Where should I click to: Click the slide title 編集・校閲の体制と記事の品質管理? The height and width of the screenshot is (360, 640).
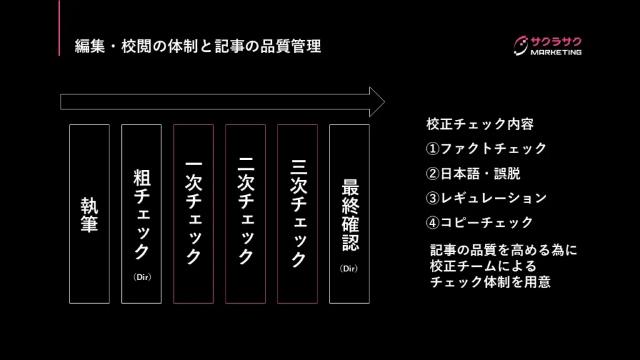[x=197, y=46]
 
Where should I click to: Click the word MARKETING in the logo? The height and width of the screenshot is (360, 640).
[x=556, y=52]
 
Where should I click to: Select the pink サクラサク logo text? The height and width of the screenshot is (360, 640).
[x=556, y=41]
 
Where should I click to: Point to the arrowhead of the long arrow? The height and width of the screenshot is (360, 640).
[x=377, y=101]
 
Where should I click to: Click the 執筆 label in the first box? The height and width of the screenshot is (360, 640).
[x=89, y=214]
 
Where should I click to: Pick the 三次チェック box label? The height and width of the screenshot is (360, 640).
[x=297, y=212]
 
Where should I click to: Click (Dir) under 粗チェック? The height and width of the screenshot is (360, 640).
[x=142, y=277]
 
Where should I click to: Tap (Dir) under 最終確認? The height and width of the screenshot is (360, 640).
[x=349, y=269]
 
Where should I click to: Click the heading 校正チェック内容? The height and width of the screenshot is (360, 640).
[x=479, y=124]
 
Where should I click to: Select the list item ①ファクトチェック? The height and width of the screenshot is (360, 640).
[x=486, y=149]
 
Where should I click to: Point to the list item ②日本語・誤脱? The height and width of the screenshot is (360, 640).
[x=473, y=173]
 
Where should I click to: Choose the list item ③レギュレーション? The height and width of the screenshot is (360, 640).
[x=486, y=198]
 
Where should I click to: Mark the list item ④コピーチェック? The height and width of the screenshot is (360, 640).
[x=479, y=222]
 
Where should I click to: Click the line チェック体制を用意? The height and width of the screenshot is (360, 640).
[x=490, y=282]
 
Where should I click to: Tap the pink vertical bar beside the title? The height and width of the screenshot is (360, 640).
[x=59, y=28]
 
